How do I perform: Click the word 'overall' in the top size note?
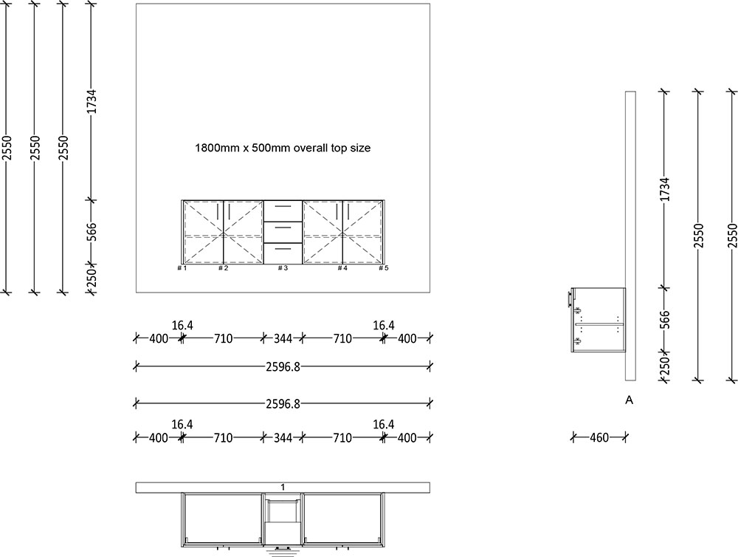tap(310, 148)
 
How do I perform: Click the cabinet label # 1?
tap(182, 268)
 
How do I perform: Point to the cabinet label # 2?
tap(223, 268)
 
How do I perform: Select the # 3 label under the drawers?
tap(283, 268)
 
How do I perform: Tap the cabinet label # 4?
tap(342, 268)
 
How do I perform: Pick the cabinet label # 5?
tap(383, 268)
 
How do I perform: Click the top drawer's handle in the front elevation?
tap(283, 207)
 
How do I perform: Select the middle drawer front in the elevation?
tap(283, 232)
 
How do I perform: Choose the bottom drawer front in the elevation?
tap(283, 253)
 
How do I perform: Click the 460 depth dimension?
tap(599, 438)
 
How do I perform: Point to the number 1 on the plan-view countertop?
tap(283, 487)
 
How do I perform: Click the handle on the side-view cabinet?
tap(569, 298)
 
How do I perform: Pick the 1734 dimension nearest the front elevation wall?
tap(92, 101)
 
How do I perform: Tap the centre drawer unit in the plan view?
tap(283, 521)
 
